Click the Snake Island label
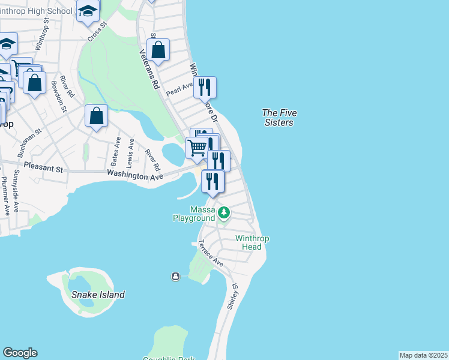(98, 295)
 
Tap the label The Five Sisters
(279, 118)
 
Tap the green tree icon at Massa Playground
(224, 212)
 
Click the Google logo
(20, 353)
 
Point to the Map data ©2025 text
(423, 355)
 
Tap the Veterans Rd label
(148, 70)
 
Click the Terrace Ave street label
(211, 254)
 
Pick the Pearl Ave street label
(179, 89)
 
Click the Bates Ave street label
(115, 152)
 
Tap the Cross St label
(97, 32)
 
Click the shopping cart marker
(197, 146)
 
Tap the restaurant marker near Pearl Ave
(205, 88)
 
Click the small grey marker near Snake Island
(175, 276)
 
